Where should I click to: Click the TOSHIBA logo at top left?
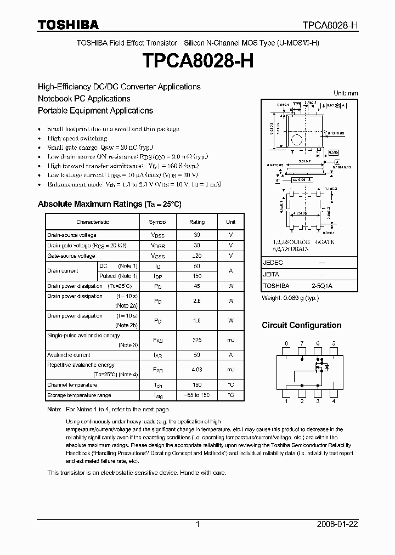[68, 25]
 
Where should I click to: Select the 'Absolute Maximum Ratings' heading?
[109, 204]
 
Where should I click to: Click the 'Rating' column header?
[197, 222]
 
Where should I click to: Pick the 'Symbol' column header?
[157, 222]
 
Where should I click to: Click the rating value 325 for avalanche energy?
[197, 340]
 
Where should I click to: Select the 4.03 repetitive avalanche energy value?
[197, 370]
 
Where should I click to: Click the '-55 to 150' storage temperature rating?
[197, 395]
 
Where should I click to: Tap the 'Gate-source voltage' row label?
[71, 256]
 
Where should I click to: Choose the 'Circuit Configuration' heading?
[301, 325]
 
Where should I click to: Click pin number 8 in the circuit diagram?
[286, 343]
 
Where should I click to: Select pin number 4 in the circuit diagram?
[334, 401]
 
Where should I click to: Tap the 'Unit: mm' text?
[346, 93]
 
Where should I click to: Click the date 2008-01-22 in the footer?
[337, 524]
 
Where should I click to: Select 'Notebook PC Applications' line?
[84, 99]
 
